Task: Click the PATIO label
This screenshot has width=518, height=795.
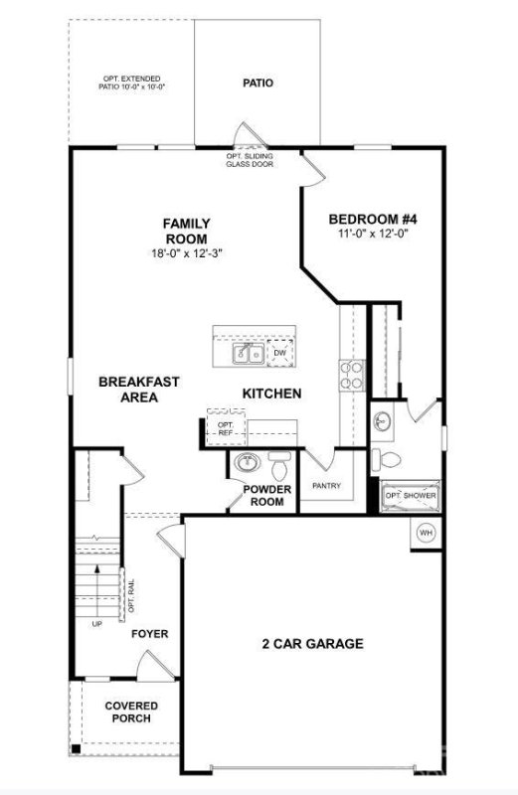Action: tap(258, 83)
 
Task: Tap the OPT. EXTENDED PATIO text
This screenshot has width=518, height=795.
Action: tap(131, 83)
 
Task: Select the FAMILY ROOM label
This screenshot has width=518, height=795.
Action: tap(187, 232)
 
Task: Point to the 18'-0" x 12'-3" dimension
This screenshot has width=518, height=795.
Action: tap(187, 253)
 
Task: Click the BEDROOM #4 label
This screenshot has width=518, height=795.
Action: tap(369, 220)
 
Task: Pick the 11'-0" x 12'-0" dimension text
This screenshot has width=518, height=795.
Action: tap(369, 234)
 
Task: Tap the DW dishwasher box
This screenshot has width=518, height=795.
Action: tap(280, 353)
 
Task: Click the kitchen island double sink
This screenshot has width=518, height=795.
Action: tap(248, 354)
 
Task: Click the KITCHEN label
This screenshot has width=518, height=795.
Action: tap(271, 394)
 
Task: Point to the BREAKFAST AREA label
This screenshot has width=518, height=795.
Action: tap(139, 389)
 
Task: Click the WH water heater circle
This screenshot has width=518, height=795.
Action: tap(426, 534)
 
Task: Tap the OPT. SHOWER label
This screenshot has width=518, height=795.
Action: tap(411, 495)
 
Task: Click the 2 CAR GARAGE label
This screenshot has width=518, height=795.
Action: tap(299, 643)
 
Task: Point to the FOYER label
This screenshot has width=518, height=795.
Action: tap(150, 633)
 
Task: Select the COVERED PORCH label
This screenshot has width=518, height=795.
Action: tap(133, 712)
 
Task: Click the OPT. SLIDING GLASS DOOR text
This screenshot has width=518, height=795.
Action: tap(250, 161)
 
